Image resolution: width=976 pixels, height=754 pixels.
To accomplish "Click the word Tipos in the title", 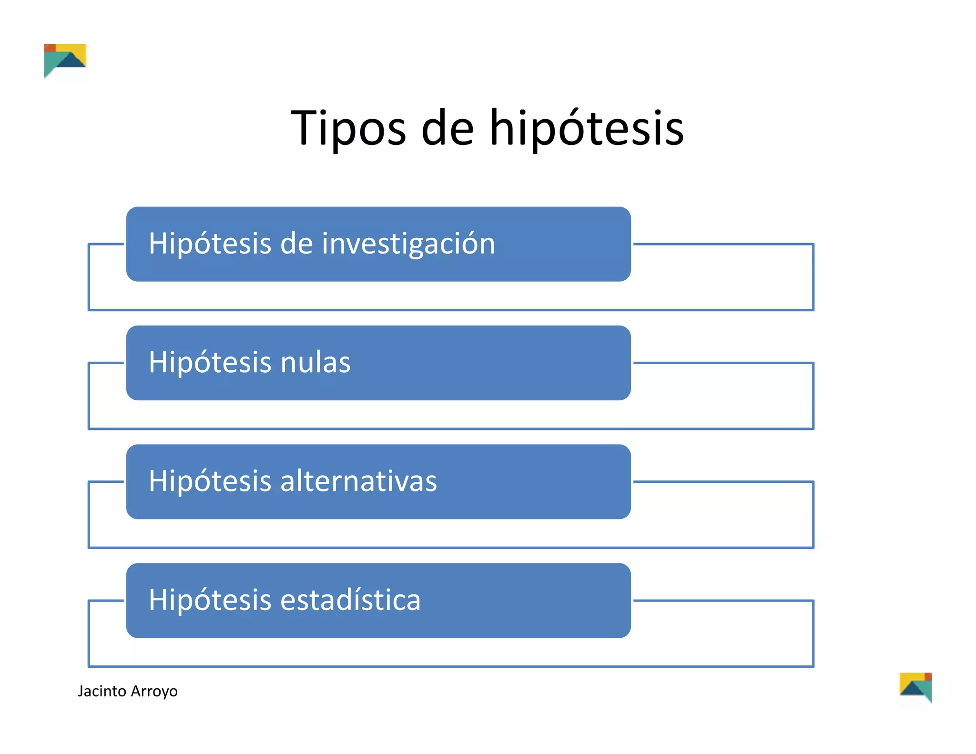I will [x=348, y=128].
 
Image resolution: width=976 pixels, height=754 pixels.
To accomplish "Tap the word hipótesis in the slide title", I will [x=587, y=128].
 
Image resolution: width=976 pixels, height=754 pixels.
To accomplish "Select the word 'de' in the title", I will [x=447, y=128].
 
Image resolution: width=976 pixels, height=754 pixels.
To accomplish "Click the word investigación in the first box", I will [x=408, y=244].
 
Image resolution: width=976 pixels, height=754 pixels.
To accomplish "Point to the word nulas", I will [x=315, y=362].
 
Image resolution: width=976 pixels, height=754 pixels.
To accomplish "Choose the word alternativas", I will [x=358, y=481].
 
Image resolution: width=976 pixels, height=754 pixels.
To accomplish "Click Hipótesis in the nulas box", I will [x=209, y=362].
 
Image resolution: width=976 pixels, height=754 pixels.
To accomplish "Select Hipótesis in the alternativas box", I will [x=209, y=481].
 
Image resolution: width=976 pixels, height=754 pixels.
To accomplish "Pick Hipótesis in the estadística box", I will [x=209, y=600].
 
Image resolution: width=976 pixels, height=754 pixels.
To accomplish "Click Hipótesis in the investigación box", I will [x=209, y=244].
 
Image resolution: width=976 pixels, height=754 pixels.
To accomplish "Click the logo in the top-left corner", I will [x=65, y=61].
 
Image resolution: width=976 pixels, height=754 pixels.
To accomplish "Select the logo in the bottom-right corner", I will [x=915, y=687].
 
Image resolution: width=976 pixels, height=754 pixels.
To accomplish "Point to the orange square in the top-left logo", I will [x=50, y=48].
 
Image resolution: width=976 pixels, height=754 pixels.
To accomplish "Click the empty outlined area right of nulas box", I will [x=722, y=396].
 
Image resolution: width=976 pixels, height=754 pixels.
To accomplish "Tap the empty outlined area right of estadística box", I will [x=722, y=633].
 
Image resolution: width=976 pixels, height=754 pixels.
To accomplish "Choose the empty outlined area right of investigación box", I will [x=722, y=277].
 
